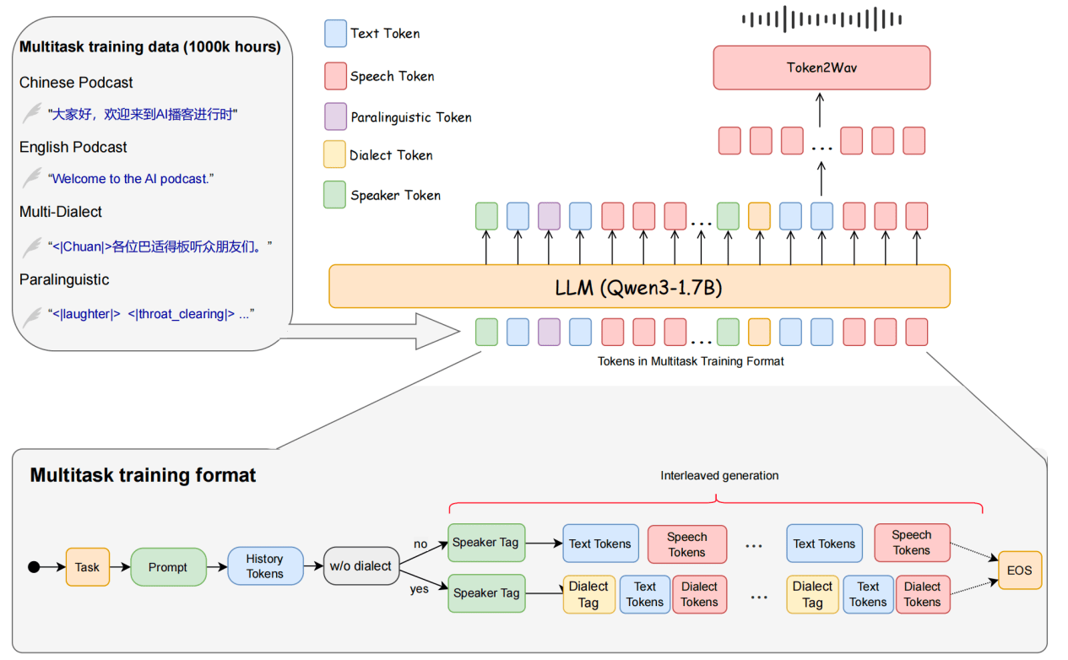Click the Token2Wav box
[x=821, y=68]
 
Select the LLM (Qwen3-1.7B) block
[x=638, y=286]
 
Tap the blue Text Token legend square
[x=335, y=34]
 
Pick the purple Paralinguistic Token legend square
[x=335, y=116]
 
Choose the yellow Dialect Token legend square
[x=335, y=154]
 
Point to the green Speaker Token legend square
[x=335, y=195]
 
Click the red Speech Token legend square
[x=335, y=76]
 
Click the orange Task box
[x=88, y=567]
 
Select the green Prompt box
[x=168, y=567]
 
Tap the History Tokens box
[x=265, y=566]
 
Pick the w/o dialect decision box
[x=361, y=566]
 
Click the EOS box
[x=1020, y=571]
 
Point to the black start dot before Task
[x=35, y=567]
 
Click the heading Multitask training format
[x=143, y=475]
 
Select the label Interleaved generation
[x=719, y=476]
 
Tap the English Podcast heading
[x=73, y=147]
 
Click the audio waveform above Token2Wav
[x=821, y=19]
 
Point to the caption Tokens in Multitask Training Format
[x=691, y=361]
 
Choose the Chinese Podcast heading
[x=76, y=83]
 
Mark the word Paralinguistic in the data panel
[x=64, y=279]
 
